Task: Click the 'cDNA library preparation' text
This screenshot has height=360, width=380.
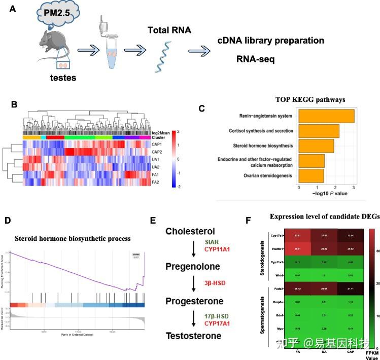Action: pyautogui.click(x=270, y=40)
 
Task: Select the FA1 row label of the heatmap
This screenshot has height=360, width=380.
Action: pyautogui.click(x=157, y=174)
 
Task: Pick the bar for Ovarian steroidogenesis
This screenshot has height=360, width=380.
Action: pyautogui.click(x=311, y=176)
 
